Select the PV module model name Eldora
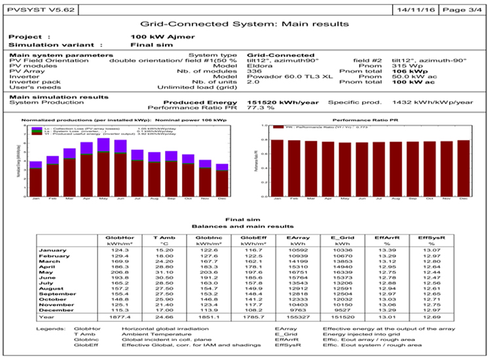(x=258, y=66)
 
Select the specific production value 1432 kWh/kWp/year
(x=432, y=102)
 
